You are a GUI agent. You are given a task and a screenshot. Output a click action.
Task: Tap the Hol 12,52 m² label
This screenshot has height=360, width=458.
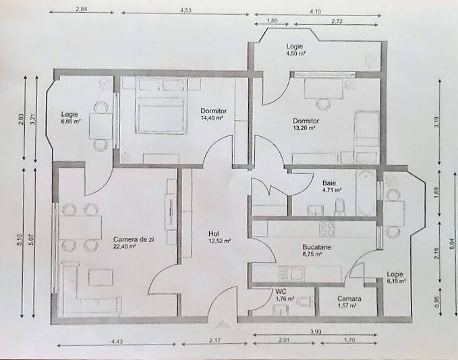(219, 237)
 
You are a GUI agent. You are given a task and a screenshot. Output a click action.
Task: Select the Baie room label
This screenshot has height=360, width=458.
(332, 186)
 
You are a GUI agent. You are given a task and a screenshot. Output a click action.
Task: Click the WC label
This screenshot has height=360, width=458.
(285, 295)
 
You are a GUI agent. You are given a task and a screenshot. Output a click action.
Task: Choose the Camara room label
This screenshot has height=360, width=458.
(349, 302)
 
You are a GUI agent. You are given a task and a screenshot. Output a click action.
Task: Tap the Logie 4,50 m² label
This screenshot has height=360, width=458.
(295, 50)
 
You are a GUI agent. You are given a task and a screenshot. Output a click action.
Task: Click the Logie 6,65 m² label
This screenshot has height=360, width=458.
(71, 118)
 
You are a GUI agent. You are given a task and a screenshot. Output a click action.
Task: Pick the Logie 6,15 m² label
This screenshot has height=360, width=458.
(396, 277)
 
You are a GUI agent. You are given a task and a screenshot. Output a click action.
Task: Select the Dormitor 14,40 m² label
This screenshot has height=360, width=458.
(213, 114)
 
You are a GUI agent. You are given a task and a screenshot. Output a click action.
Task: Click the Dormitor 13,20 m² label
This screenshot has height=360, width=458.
(306, 124)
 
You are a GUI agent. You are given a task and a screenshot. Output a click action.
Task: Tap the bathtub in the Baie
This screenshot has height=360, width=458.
(366, 193)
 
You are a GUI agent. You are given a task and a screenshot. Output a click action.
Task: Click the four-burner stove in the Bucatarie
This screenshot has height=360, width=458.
(327, 229)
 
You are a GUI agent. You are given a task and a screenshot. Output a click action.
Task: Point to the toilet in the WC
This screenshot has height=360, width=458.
(305, 301)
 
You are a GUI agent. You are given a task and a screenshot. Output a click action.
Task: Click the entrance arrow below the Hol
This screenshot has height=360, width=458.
(223, 325)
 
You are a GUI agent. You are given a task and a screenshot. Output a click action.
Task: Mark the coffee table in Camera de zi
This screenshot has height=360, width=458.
(101, 277)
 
